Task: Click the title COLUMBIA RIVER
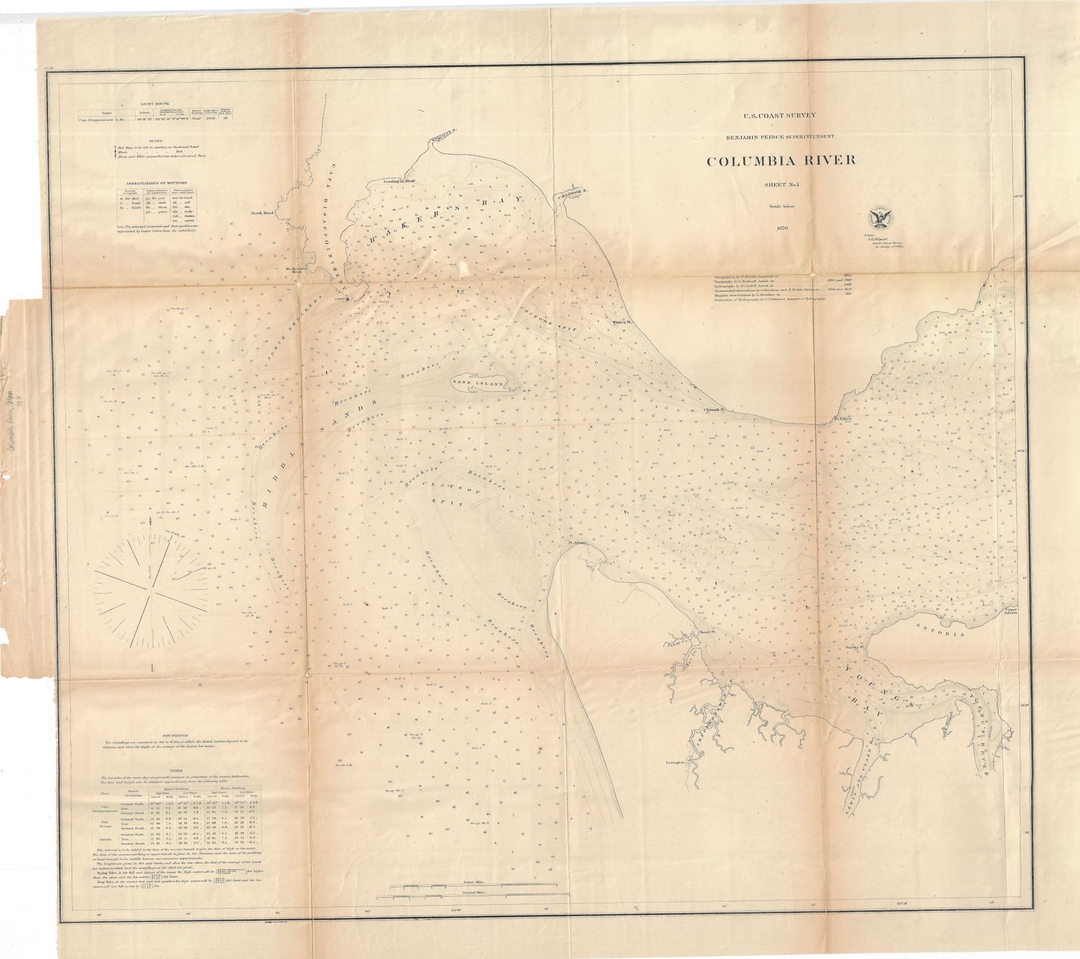pyautogui.click(x=781, y=160)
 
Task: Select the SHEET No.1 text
pyautogui.click(x=781, y=186)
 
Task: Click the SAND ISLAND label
pyautogui.click(x=477, y=384)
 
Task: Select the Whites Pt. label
pyautogui.click(x=621, y=323)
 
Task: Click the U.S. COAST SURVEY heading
pyautogui.click(x=780, y=115)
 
